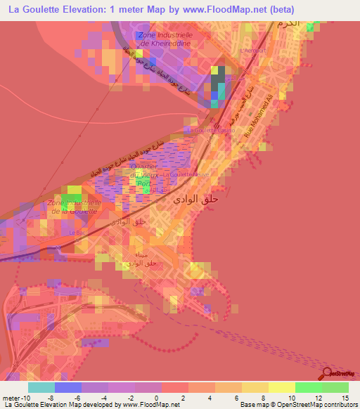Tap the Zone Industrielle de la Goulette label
(x=75, y=207)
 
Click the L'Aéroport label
(x=253, y=51)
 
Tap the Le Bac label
(x=76, y=231)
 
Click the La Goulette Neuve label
(x=186, y=174)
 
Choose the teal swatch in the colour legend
(x=41, y=387)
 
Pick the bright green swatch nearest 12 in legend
(x=309, y=387)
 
